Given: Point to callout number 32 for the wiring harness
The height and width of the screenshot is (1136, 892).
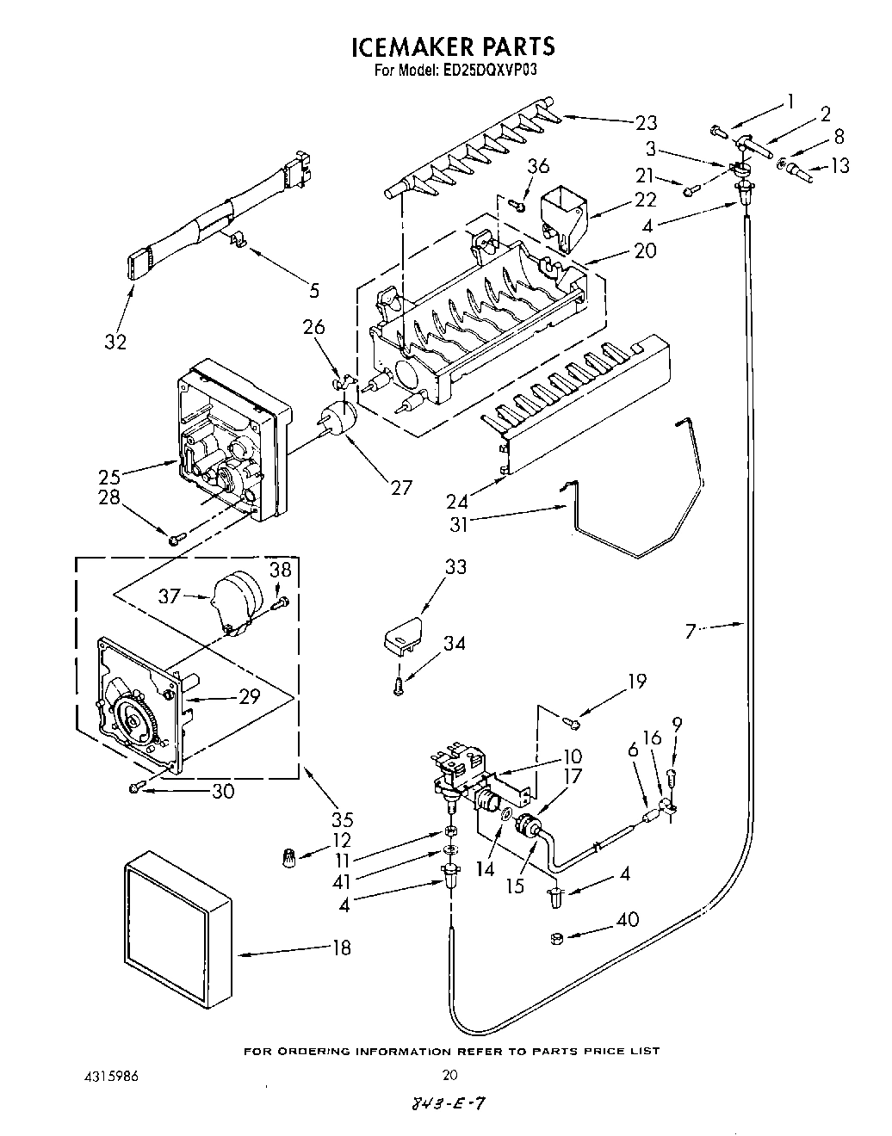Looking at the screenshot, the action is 115,341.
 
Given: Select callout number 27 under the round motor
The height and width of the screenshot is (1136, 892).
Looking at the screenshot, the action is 401,487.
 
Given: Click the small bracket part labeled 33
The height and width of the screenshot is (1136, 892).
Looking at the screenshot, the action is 403,635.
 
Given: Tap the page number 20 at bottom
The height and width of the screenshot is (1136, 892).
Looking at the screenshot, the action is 449,1074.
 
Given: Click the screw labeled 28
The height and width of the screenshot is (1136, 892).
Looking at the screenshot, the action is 176,540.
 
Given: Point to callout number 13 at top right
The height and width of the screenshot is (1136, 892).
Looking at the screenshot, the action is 840,165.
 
